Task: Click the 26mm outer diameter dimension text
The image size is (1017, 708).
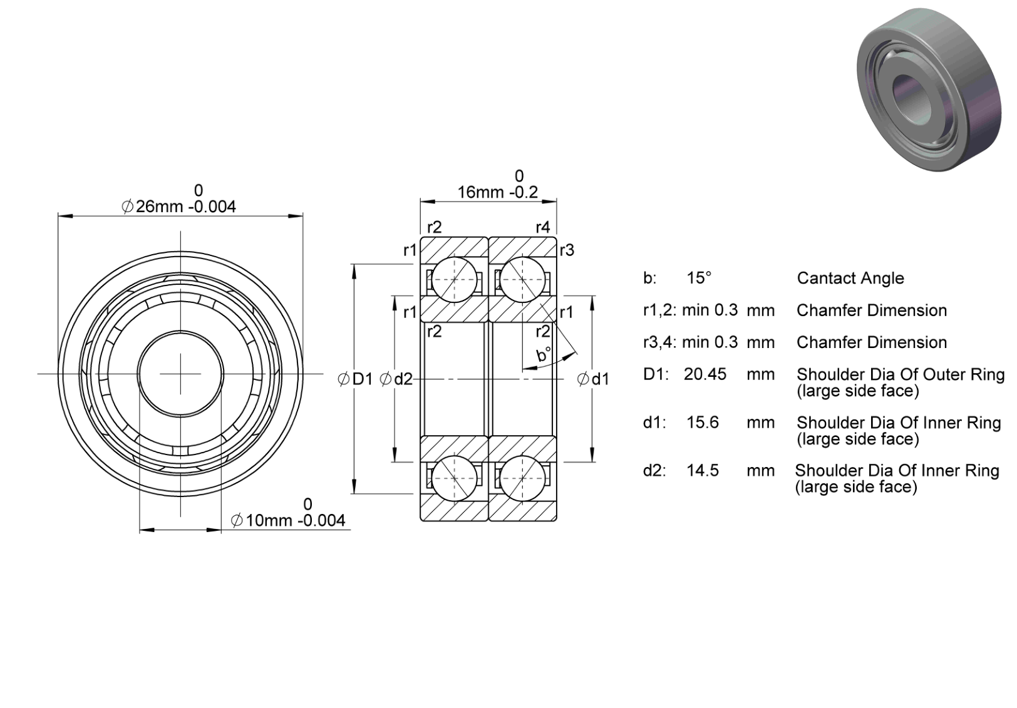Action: (179, 207)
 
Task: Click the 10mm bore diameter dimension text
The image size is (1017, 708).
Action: (288, 520)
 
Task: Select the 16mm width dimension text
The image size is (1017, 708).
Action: (497, 192)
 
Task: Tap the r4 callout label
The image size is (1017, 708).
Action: (542, 227)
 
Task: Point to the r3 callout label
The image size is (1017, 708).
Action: (567, 250)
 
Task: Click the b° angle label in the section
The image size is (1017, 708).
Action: (544, 354)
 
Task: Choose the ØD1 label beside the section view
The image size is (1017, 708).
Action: (355, 379)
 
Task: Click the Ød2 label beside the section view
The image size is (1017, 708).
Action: (396, 379)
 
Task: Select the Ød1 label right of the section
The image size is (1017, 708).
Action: (593, 379)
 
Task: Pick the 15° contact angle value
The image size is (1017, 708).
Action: (699, 278)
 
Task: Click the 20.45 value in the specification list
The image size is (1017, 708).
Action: (705, 374)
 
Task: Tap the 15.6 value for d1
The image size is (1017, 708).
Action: (703, 423)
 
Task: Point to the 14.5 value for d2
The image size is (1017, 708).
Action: (703, 470)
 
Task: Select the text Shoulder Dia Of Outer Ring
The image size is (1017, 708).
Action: (901, 374)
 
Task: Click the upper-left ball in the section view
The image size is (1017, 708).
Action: (455, 280)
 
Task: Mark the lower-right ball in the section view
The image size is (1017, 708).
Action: (522, 478)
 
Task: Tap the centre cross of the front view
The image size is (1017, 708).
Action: (181, 374)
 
